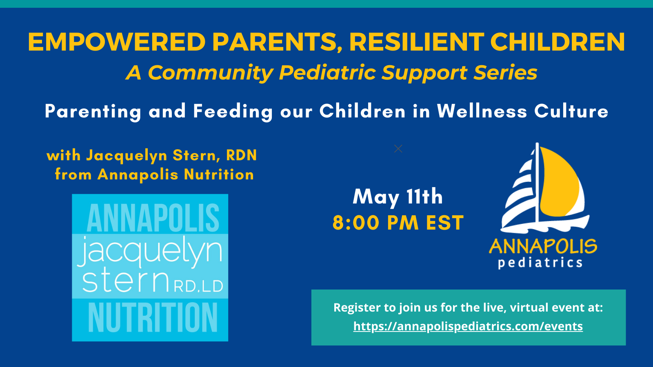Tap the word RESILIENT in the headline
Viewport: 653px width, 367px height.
pos(416,42)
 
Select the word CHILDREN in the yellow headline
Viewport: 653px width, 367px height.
pos(557,42)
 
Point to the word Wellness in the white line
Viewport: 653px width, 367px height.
pos(482,111)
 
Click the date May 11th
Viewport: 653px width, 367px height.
pos(398,197)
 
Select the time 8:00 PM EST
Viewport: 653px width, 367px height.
pos(398,223)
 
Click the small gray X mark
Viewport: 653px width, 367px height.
pos(398,149)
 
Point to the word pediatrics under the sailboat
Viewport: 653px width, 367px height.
pos(540,263)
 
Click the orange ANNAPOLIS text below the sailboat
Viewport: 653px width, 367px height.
pos(543,246)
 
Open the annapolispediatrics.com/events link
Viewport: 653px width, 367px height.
pos(468,326)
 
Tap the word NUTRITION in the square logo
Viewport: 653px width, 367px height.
pos(153,318)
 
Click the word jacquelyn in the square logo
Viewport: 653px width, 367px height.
pos(150,251)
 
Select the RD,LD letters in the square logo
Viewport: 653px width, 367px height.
pos(198,286)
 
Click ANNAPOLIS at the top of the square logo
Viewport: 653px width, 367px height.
pos(153,218)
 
